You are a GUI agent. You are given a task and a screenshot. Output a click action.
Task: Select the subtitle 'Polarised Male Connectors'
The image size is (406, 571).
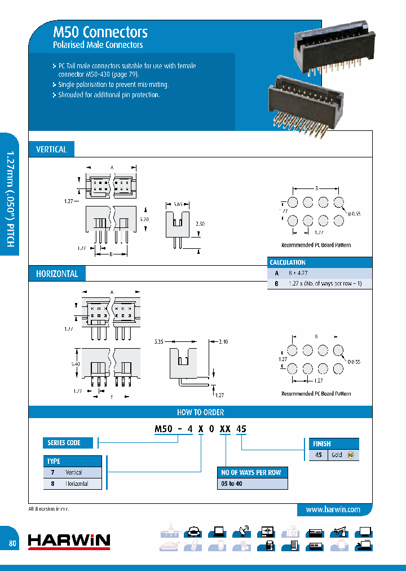pos(98,45)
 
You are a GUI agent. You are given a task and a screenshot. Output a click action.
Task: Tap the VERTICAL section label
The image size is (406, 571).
pos(51,150)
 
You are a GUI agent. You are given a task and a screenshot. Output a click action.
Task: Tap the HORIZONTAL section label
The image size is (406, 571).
pos(56,274)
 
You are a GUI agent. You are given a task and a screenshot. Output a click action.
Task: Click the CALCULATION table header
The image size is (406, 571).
pos(288,262)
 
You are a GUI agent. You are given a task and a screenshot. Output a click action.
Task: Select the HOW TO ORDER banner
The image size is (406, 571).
pos(200,412)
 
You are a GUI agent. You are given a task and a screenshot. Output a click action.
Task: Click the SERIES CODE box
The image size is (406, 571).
pos(64,443)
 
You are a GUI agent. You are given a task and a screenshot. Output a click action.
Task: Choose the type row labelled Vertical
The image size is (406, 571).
pos(74,472)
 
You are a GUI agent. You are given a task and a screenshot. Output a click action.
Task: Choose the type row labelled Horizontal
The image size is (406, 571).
pos(77,484)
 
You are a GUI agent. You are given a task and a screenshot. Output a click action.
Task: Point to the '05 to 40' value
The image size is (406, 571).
pos(231,484)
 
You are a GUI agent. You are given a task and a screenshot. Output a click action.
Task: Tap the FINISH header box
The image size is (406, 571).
pos(322,443)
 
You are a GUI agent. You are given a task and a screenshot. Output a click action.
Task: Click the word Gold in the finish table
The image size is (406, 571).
pos(337,455)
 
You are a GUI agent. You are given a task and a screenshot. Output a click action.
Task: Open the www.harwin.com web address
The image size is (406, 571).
pos(333,509)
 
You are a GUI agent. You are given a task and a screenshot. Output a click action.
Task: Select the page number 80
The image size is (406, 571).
pos(12,543)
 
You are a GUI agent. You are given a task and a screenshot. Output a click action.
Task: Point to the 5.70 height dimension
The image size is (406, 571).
pos(145,218)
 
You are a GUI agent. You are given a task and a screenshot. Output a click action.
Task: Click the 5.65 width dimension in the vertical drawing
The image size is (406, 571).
pos(178,204)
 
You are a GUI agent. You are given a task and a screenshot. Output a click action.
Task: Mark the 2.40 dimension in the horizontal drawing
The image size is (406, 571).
pos(222,341)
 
